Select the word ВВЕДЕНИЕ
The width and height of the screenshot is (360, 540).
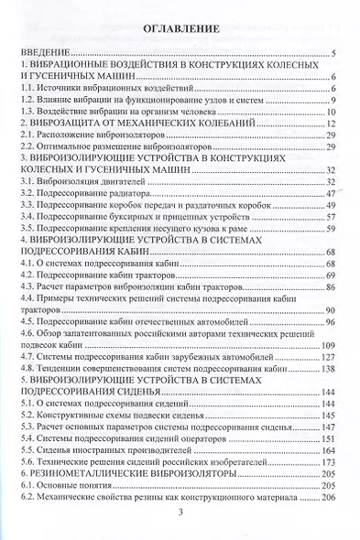pos(44,55)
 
